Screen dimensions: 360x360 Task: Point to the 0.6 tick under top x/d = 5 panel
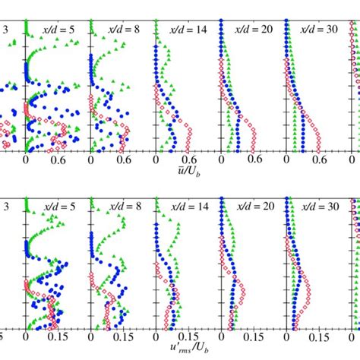click(x=58, y=160)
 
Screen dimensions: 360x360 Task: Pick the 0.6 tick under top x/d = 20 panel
click(x=253, y=160)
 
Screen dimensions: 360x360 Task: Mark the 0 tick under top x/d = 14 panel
click(x=156, y=160)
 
